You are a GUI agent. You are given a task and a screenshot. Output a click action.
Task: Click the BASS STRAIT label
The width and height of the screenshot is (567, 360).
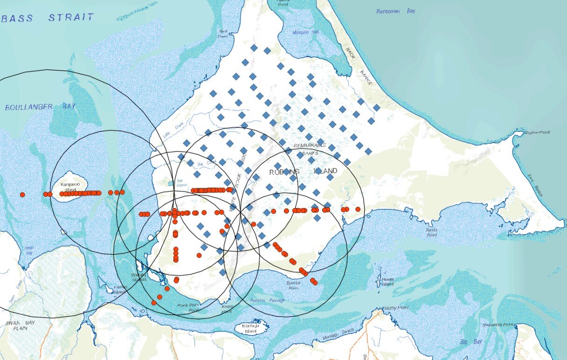[x=48, y=18]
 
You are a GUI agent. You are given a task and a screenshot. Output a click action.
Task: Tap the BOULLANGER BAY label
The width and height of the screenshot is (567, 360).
[x=40, y=107]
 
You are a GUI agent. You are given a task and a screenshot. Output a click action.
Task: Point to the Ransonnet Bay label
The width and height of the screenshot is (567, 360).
[x=396, y=11]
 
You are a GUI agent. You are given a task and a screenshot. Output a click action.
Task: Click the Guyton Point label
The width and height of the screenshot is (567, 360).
[x=537, y=133]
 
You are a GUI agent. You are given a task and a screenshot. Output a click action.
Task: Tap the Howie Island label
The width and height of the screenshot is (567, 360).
[x=387, y=281]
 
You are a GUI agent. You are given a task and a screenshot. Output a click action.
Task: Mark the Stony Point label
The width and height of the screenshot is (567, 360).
[x=396, y=308]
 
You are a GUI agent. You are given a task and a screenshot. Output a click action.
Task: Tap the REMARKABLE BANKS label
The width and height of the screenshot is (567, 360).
[x=310, y=149]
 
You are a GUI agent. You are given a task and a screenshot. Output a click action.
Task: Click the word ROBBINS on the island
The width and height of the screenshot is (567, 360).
[x=284, y=172]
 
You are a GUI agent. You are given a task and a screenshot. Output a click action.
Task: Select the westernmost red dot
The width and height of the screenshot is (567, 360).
[x=22, y=194]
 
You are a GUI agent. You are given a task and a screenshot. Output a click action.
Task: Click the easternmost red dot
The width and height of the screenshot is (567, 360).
[x=358, y=209]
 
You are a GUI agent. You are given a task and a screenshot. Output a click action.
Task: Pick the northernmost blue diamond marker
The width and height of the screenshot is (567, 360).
[x=254, y=48]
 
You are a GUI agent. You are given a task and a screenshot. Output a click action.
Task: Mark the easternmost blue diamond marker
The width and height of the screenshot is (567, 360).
[x=376, y=108]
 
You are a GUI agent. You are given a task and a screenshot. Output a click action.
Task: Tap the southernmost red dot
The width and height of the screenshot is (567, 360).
[x=154, y=303]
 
